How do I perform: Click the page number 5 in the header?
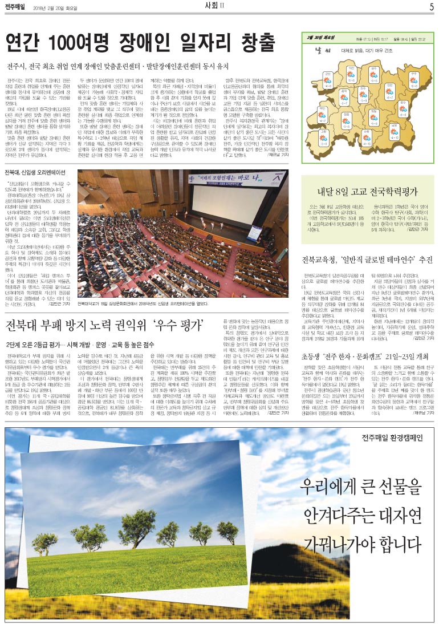(x=431, y=7)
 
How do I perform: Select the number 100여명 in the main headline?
(x=74, y=42)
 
